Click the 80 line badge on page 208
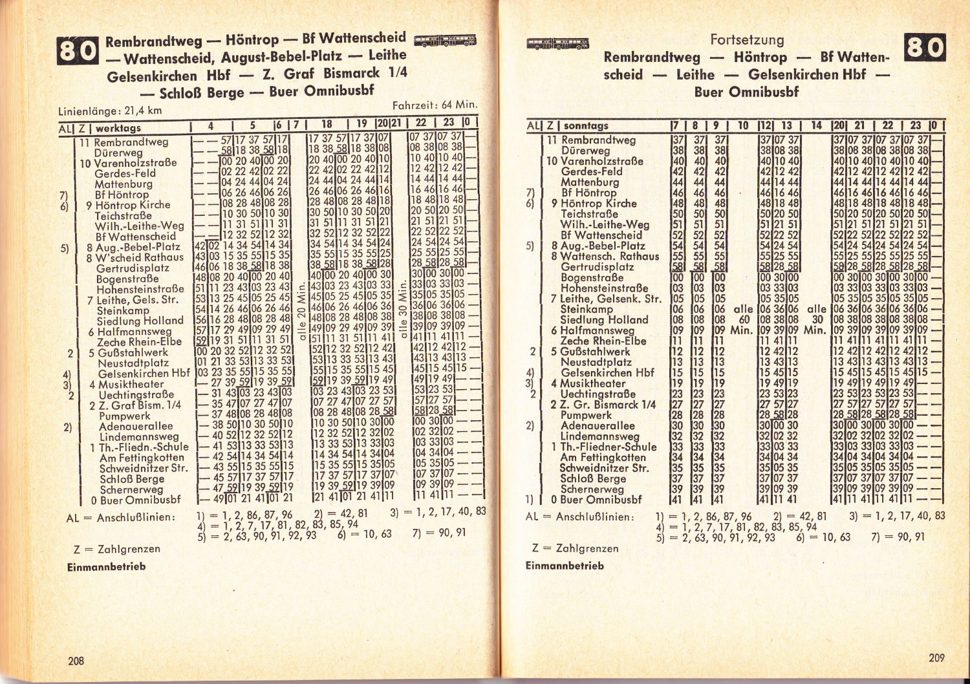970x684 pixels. (78, 51)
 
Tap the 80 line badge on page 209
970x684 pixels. (925, 48)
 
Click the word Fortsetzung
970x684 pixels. (747, 40)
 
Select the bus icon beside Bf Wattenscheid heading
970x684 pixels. (445, 41)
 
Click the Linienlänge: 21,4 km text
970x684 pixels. (110, 111)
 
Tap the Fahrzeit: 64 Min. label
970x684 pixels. (435, 104)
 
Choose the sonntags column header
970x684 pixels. (586, 125)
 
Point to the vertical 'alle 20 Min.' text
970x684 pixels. (301, 314)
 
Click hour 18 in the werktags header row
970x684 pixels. (327, 124)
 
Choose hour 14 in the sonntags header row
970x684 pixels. (816, 125)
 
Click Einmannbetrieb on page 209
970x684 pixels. (565, 566)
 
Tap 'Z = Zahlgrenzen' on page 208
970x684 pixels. (117, 549)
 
